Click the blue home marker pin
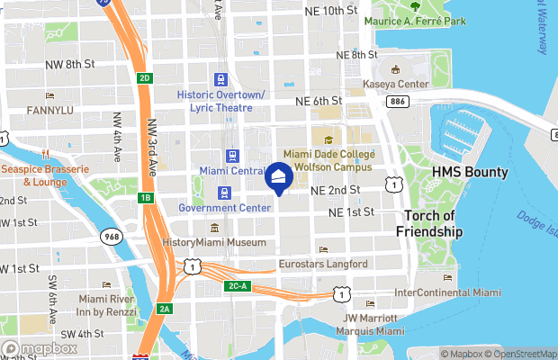pos(279,177)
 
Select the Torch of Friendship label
pos(431,223)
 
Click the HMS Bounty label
pos(469,172)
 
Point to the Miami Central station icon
pos(231,156)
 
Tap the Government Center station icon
pos(223,193)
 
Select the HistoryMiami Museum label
pos(214,242)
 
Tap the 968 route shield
pos(112,237)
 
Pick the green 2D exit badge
pos(145,77)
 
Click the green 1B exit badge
pos(146,197)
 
